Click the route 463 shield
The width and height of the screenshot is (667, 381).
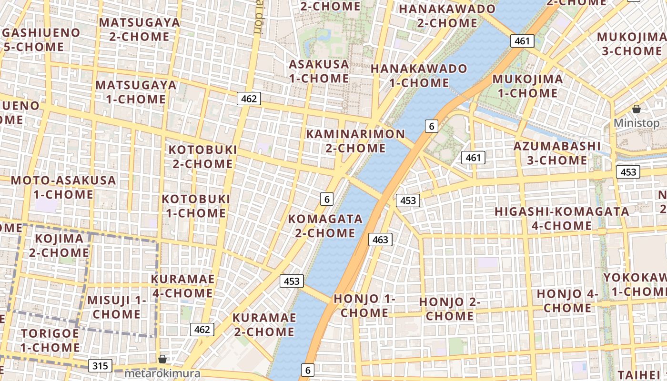coord(380,240)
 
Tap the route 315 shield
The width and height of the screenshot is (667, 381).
coord(100,366)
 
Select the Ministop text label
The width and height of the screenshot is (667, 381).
coord(637,123)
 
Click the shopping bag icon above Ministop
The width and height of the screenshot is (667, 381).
coord(637,109)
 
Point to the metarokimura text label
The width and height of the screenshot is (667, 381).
coord(162,373)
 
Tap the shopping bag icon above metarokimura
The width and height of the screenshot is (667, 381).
coord(162,359)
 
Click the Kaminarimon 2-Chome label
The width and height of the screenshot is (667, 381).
coord(355,141)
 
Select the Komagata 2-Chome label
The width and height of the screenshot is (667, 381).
coord(325,226)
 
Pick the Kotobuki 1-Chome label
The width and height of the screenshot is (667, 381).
coord(196,206)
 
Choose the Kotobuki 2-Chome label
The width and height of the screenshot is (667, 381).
coord(202,157)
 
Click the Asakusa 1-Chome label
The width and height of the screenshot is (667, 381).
coord(319,71)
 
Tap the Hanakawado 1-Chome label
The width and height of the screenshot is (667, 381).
coord(419,75)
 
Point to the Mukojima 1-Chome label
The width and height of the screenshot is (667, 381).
coord(527,86)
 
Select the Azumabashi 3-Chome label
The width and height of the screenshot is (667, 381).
coord(557,153)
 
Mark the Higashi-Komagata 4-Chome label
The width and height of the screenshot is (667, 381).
coord(562,218)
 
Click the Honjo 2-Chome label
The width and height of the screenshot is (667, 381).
coord(449,309)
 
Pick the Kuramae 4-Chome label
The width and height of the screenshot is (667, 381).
coord(182,286)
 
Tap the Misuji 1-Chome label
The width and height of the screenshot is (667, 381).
coord(117,307)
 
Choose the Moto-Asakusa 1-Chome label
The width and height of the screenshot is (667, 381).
coord(63,187)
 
